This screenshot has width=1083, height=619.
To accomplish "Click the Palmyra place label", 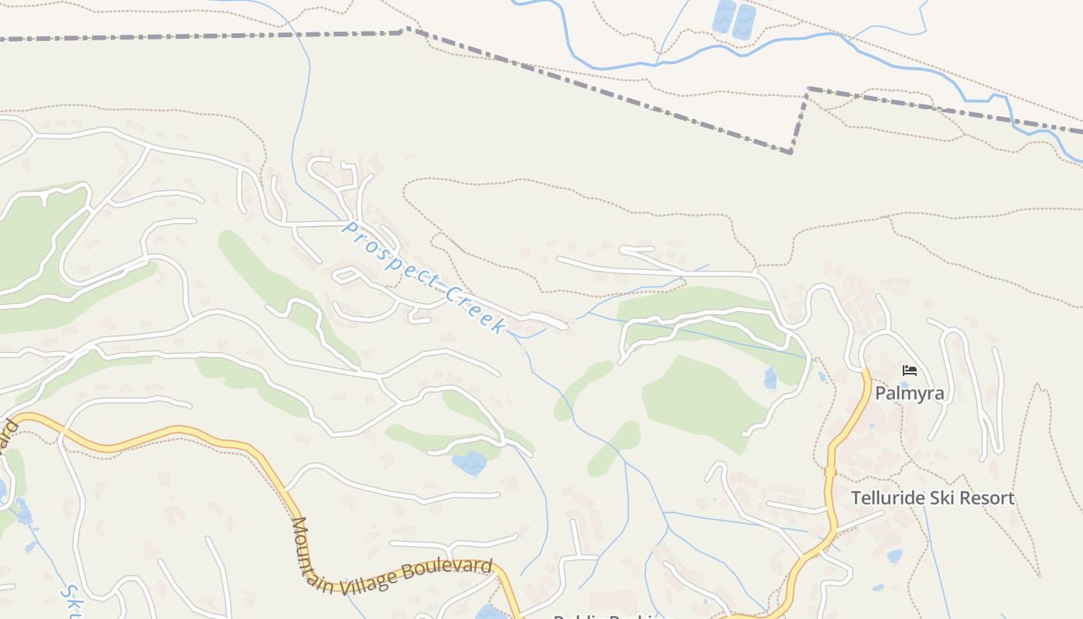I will (909, 393).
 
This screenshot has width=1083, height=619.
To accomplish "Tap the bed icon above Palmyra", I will (910, 371).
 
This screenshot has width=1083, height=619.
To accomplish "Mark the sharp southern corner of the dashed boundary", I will (791, 152).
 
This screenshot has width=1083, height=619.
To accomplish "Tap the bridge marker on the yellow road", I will (830, 471).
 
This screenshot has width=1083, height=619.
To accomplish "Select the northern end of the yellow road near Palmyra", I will (866, 372).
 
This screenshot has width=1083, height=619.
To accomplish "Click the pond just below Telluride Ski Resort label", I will (894, 556).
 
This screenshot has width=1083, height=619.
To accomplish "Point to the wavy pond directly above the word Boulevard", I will (469, 463).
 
